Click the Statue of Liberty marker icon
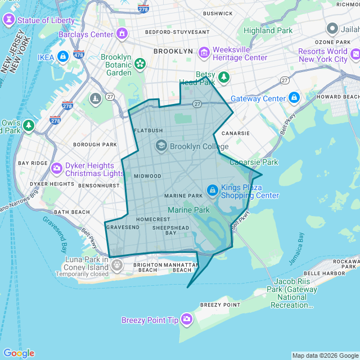click(x=9, y=20)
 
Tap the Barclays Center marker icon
click(x=122, y=34)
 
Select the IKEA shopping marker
click(x=62, y=57)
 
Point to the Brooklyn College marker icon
click(x=161, y=146)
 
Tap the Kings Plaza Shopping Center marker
click(x=212, y=191)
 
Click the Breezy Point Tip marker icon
click(x=187, y=320)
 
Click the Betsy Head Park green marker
click(x=224, y=77)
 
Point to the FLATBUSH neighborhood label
click(x=148, y=130)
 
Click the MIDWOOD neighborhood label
click(x=147, y=176)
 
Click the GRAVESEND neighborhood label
click(x=122, y=227)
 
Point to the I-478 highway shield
click(x=79, y=55)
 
